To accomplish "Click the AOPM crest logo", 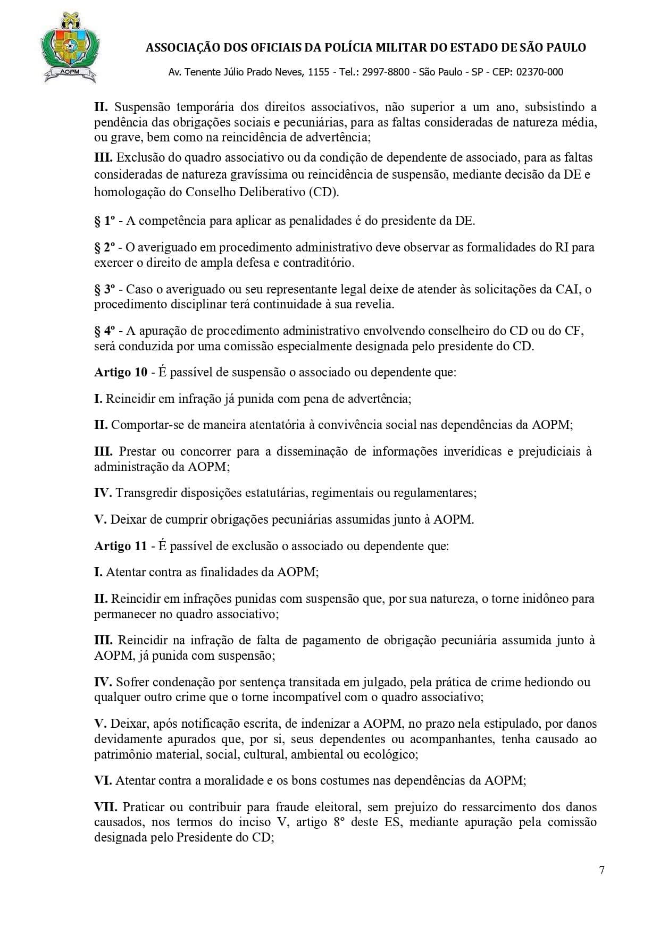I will pos(70,48).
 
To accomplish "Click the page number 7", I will pos(601,870).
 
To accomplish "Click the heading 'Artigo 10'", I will pos(121,372).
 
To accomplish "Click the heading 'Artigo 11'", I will pos(121,546).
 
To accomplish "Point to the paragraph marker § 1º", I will pos(105,221).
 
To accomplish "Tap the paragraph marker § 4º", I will pos(105,331).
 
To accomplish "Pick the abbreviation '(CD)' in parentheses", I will pos(322,192).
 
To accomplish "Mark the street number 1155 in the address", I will pos(319,72).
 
